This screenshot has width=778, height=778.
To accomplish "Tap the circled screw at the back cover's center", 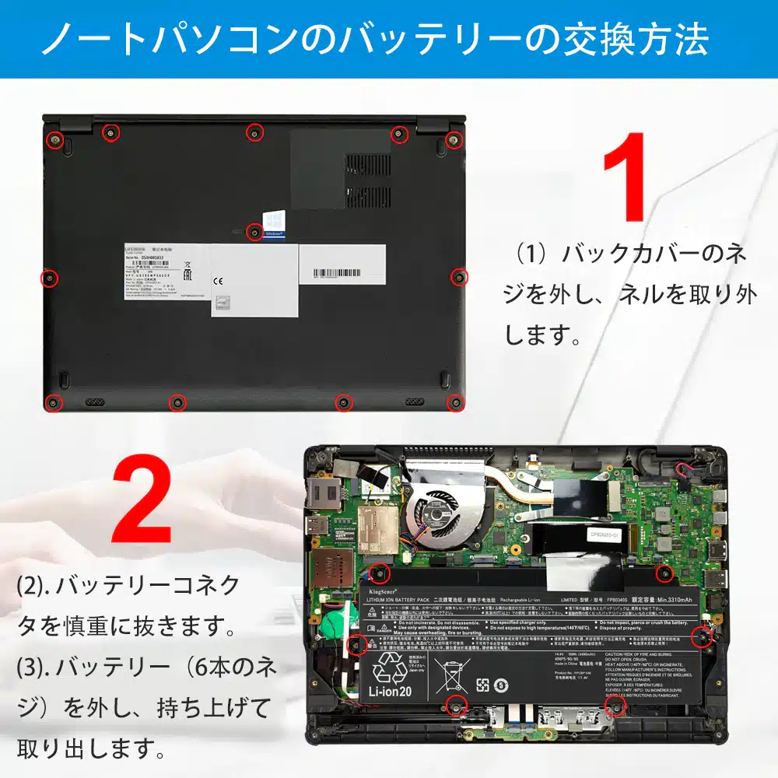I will tap(254, 231).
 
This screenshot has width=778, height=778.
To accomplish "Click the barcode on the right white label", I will tap(342, 274).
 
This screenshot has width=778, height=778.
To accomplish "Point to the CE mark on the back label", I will tap(219, 282).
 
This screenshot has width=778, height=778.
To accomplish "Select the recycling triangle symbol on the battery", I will tap(387, 667).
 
